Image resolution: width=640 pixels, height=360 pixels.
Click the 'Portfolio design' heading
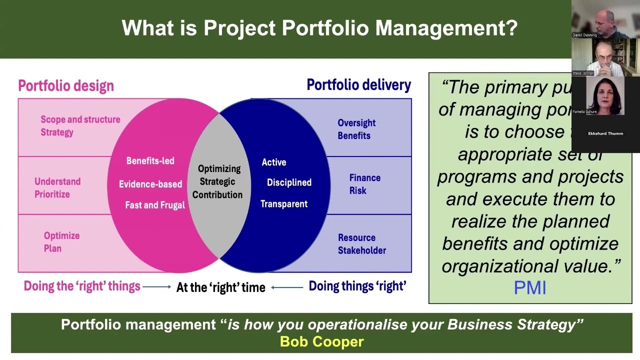[x=66, y=86]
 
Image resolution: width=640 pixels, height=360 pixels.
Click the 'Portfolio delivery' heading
[x=358, y=85]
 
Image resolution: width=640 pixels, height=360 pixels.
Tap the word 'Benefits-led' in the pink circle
[x=150, y=161]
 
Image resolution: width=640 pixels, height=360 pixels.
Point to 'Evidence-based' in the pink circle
[x=150, y=184]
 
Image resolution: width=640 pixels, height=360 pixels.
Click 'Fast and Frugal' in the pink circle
[x=154, y=205]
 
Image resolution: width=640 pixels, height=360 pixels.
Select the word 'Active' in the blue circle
[x=274, y=162]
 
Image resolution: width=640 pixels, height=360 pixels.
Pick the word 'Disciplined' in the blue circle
[x=289, y=183]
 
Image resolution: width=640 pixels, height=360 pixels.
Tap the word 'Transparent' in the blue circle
[x=283, y=204]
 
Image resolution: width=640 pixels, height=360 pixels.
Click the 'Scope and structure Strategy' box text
[x=80, y=126]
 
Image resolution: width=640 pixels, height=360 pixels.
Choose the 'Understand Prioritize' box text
[x=57, y=188]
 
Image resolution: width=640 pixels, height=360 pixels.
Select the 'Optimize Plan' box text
[x=61, y=242]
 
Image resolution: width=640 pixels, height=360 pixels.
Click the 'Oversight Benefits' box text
[x=356, y=129]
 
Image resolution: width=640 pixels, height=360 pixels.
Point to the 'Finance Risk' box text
[x=364, y=184]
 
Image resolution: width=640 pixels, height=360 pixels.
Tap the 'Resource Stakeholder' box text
[x=361, y=244]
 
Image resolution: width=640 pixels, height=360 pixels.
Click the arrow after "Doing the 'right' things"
[x=156, y=287]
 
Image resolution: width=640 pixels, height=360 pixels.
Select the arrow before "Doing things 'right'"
[x=287, y=287]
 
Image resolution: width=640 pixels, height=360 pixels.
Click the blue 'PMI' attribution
[x=529, y=288]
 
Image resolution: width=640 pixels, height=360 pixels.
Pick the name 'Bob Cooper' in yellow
[x=321, y=342]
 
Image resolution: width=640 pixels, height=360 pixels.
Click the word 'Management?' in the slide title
[x=446, y=28]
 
